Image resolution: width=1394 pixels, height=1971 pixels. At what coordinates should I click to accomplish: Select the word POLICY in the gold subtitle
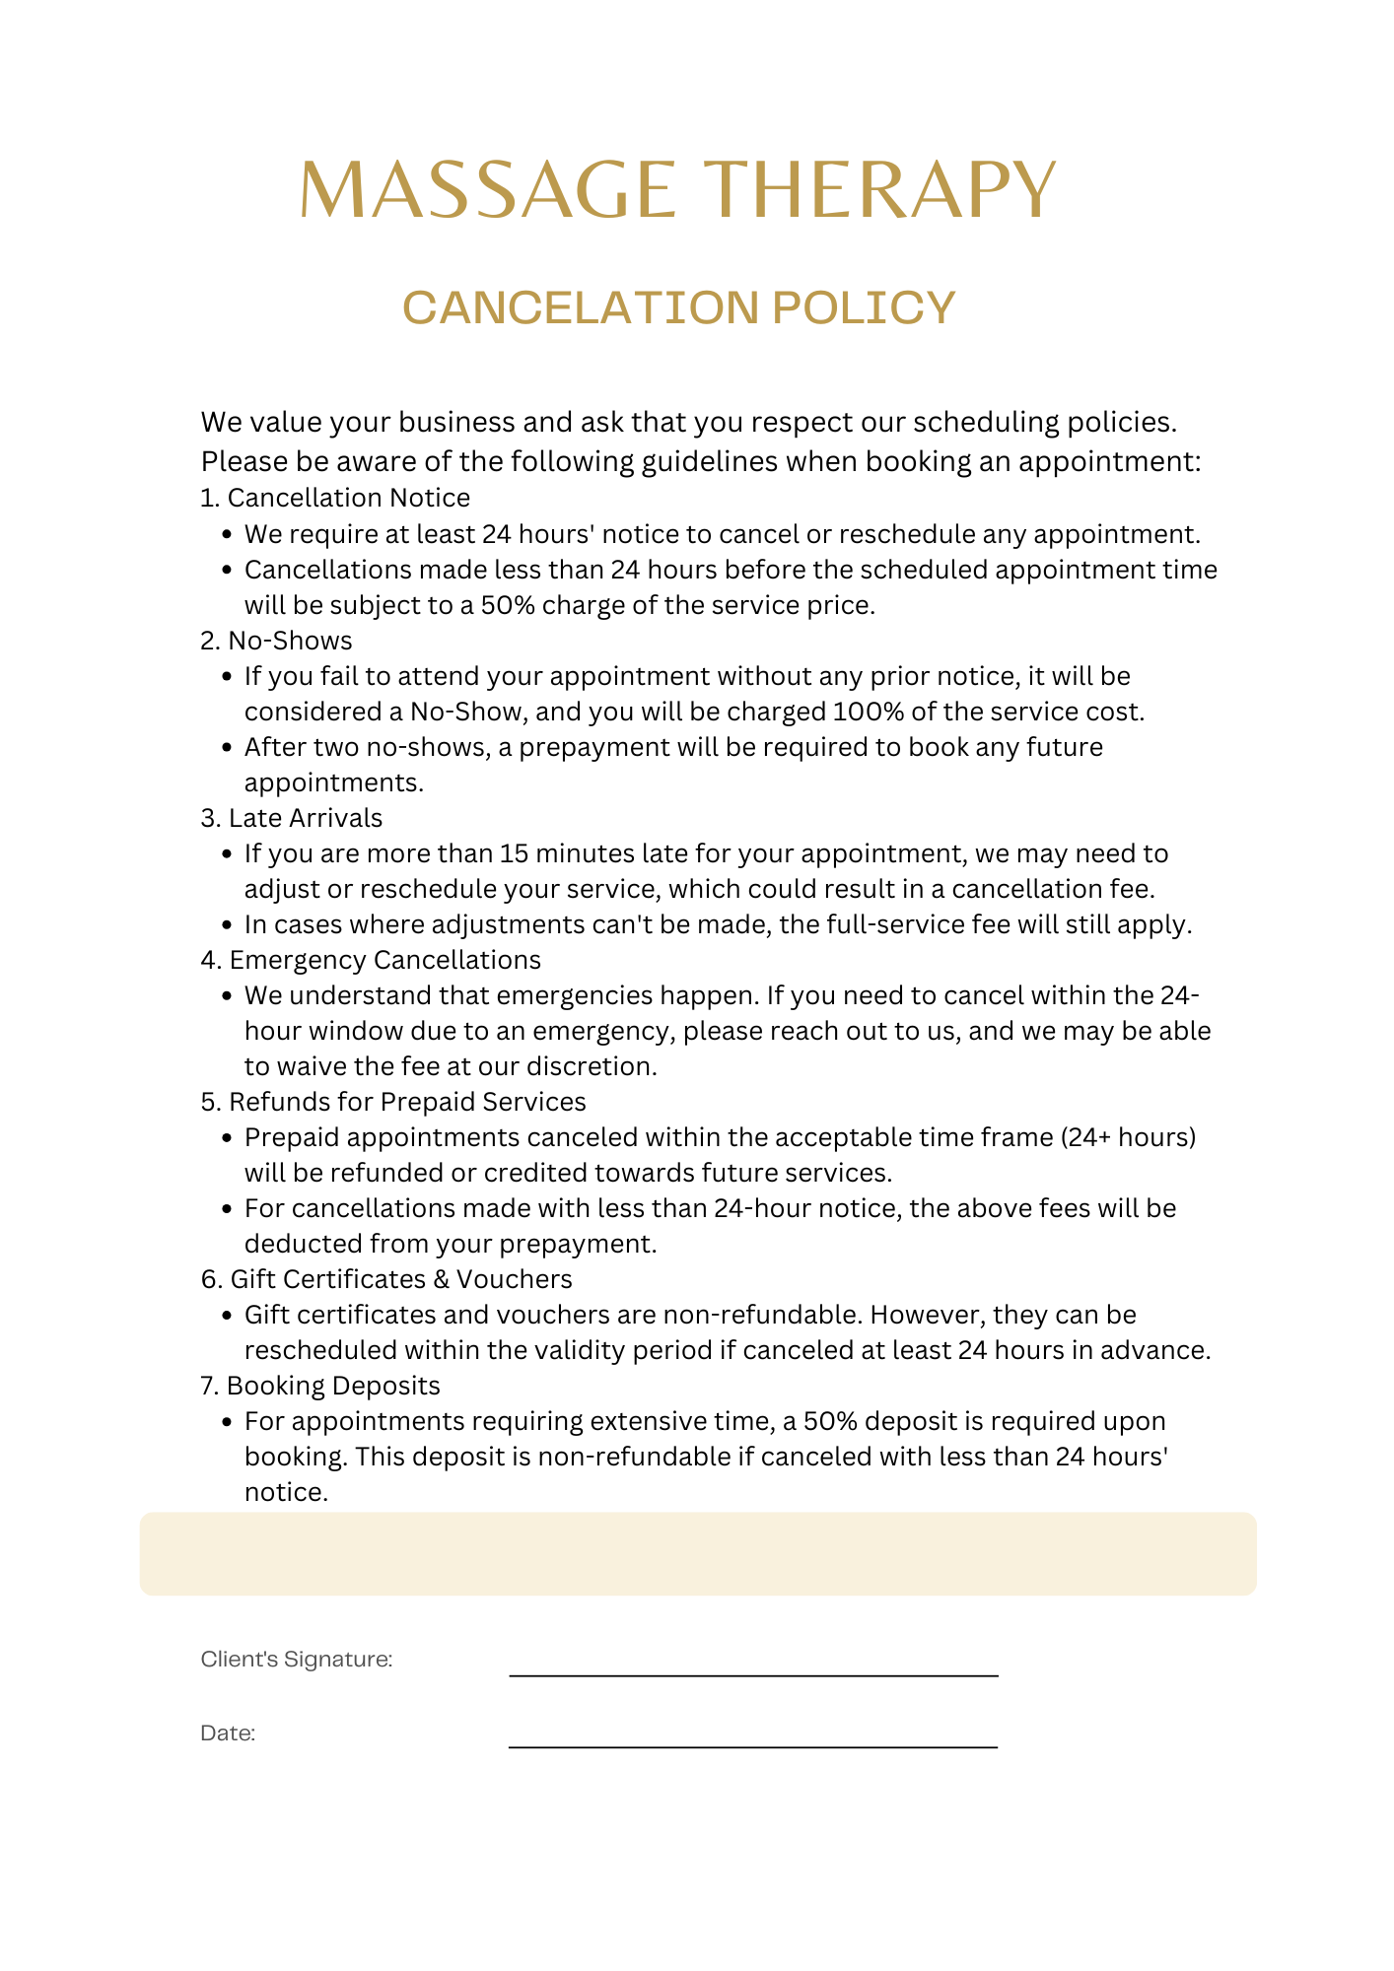(864, 307)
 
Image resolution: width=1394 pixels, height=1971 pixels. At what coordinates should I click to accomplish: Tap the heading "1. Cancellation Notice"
(335, 498)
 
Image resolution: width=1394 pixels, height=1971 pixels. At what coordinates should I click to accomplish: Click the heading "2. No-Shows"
(276, 641)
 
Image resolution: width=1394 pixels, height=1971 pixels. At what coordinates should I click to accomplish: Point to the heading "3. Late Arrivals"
(292, 818)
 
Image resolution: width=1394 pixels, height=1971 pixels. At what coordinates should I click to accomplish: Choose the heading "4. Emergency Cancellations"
(371, 960)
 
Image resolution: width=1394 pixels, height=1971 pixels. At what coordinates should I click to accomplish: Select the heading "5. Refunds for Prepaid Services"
(393, 1102)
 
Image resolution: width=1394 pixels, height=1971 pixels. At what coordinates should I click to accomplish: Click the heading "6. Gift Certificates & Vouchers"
(386, 1279)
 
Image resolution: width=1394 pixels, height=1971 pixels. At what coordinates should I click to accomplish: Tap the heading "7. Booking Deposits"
(320, 1386)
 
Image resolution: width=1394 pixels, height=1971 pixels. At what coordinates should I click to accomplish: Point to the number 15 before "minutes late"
(514, 853)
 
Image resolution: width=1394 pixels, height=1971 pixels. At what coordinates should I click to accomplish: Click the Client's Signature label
(297, 1660)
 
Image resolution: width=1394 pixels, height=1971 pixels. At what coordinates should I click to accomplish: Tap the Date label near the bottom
(228, 1733)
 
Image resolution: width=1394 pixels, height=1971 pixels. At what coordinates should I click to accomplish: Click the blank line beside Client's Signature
(753, 1674)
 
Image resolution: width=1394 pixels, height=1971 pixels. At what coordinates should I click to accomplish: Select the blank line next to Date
(753, 1746)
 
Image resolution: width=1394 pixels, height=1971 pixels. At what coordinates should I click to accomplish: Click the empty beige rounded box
(698, 1554)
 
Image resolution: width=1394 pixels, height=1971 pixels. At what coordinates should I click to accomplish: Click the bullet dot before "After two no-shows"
(227, 748)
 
